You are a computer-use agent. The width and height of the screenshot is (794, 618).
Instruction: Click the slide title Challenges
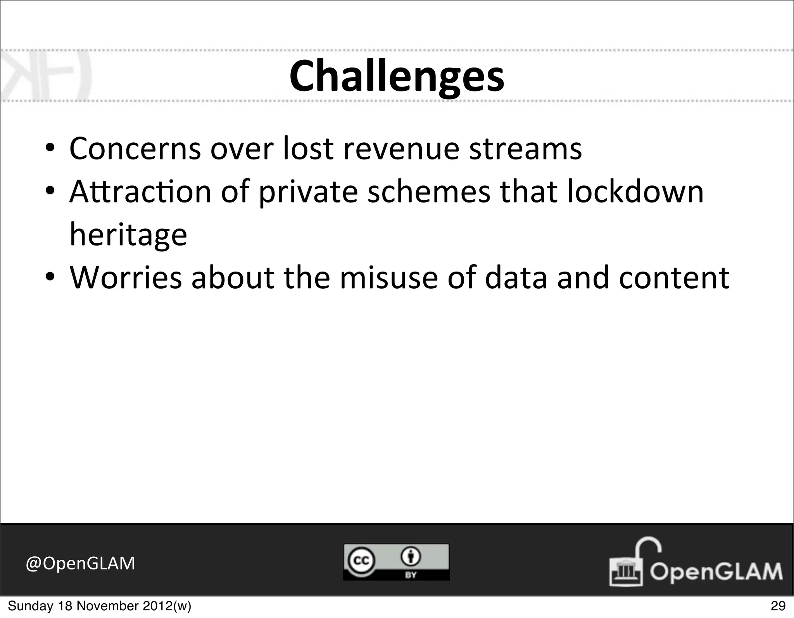(397, 76)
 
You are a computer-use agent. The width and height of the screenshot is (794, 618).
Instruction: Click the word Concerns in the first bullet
(135, 149)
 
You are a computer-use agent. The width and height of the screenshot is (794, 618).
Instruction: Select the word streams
(525, 149)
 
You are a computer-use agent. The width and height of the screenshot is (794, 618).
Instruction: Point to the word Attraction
(140, 192)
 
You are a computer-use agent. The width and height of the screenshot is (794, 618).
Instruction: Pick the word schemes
(429, 192)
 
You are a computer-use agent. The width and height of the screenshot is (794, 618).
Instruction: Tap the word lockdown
(635, 192)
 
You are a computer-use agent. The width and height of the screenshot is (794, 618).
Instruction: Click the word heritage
(128, 235)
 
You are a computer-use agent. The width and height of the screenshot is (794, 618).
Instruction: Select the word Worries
(126, 278)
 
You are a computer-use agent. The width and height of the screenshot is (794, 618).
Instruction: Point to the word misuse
(389, 278)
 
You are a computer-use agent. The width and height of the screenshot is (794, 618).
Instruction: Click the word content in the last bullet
(674, 278)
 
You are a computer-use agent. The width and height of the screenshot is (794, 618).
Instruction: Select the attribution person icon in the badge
(411, 557)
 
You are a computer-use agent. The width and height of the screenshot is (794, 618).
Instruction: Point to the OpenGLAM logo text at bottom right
(716, 571)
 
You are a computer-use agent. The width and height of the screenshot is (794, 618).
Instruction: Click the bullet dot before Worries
(50, 278)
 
